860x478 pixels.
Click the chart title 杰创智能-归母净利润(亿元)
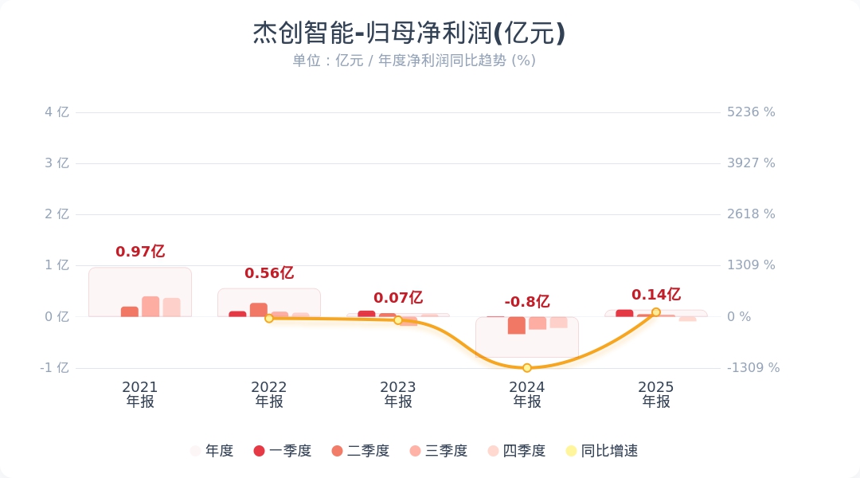(x=409, y=33)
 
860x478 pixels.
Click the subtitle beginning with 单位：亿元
(x=414, y=61)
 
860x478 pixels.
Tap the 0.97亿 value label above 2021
(x=140, y=252)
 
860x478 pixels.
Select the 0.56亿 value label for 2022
(x=269, y=273)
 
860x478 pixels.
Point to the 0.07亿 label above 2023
(x=398, y=298)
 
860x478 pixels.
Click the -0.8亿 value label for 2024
(x=527, y=302)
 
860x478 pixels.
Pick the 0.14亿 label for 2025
(x=656, y=295)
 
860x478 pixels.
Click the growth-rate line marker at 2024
(x=527, y=367)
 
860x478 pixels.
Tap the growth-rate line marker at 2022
(x=269, y=318)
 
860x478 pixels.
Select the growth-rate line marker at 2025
(x=656, y=312)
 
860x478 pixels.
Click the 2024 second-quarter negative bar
(x=517, y=325)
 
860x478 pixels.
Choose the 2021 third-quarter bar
(x=150, y=307)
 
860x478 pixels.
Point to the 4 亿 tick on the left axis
(x=57, y=112)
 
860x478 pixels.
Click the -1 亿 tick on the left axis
(x=54, y=368)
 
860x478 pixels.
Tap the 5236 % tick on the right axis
(x=751, y=112)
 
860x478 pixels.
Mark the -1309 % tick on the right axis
(x=753, y=368)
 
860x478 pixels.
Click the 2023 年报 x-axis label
(x=398, y=394)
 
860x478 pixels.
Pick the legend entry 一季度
(x=283, y=451)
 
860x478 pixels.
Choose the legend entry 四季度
(x=517, y=451)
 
